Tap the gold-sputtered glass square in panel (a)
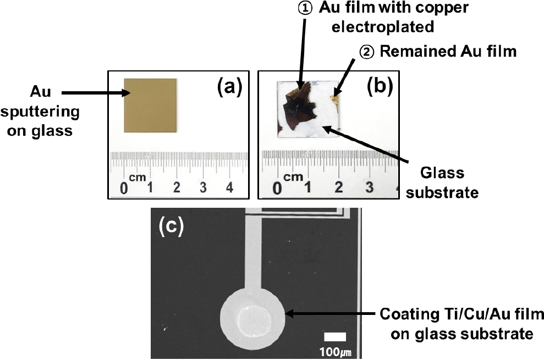[x=151, y=105]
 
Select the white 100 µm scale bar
[x=334, y=337]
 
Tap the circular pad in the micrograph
[x=254, y=317]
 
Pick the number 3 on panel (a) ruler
[x=204, y=188]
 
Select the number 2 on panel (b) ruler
[x=338, y=188]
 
